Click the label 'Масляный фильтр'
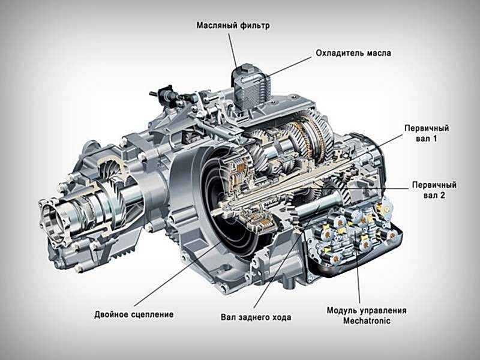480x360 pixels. click(x=233, y=25)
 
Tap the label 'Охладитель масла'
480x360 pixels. click(x=353, y=53)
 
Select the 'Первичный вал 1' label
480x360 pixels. click(x=427, y=133)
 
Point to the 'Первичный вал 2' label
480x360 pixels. click(x=434, y=190)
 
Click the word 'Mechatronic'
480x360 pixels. click(x=367, y=321)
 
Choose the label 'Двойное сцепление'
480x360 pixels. click(x=134, y=314)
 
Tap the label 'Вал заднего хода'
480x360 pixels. click(x=256, y=317)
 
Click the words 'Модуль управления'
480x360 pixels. click(x=367, y=310)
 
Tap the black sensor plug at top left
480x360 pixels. click(x=166, y=94)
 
